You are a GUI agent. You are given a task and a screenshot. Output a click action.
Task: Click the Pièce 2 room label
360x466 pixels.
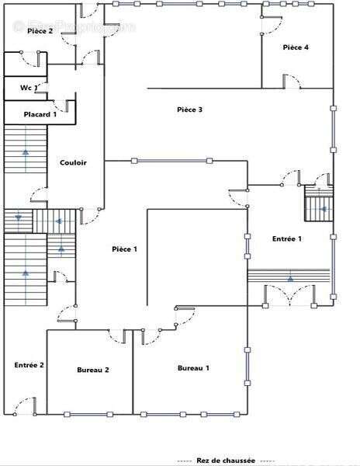40,31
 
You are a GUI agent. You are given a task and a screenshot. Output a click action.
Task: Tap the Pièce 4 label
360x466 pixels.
296,47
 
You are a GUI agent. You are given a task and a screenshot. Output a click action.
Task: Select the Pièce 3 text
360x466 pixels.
189,110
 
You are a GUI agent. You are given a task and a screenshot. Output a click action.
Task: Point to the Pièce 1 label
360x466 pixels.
125,249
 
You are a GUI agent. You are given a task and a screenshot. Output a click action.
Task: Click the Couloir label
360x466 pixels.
73,162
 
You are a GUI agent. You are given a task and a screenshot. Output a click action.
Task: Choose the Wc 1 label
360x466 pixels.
29,88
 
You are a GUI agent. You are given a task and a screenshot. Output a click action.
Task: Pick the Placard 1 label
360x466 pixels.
40,114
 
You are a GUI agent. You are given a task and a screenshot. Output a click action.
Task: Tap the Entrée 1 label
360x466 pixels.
287,238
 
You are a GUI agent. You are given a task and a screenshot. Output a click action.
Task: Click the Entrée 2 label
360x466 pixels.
29,365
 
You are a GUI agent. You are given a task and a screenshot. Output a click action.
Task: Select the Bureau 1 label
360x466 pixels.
193,368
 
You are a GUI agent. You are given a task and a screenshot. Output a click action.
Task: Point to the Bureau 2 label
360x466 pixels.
93,370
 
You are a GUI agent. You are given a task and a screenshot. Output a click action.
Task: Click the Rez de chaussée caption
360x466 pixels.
226,461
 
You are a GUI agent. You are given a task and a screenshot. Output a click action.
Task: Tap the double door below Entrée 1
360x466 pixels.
289,295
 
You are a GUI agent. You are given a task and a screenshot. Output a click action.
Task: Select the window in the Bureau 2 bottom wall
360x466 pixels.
88,414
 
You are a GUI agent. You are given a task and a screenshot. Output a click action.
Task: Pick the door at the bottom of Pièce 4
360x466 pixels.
292,82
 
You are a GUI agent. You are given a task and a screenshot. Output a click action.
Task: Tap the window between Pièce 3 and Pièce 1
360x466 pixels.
171,161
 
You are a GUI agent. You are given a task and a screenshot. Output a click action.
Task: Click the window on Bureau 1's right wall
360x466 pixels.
247,367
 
